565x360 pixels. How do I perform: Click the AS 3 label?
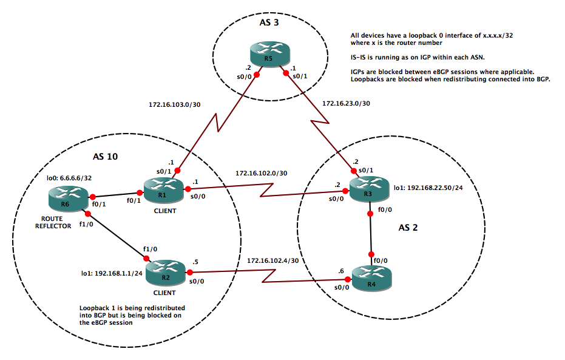coord(267,22)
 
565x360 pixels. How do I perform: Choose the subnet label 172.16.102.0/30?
coord(262,173)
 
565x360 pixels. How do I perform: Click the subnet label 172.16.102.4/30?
coord(273,261)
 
